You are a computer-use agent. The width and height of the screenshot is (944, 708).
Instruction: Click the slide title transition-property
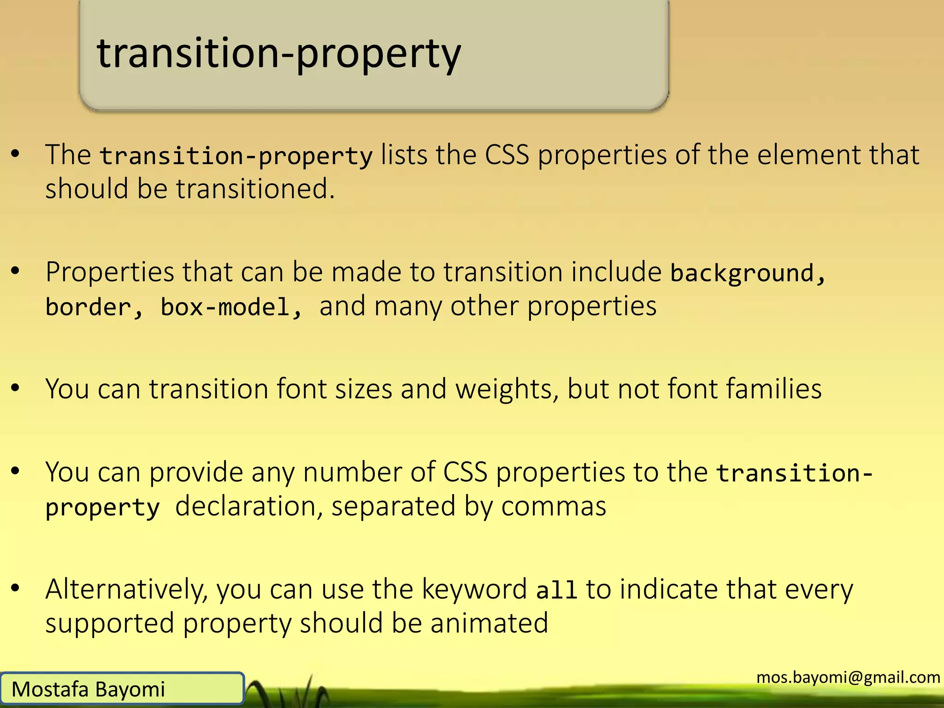[x=278, y=54]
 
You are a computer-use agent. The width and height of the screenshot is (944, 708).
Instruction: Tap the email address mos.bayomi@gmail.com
[x=848, y=677]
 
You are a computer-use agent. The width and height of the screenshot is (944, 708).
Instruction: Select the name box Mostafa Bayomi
[x=122, y=689]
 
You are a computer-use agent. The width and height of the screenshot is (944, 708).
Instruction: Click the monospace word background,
[x=747, y=273]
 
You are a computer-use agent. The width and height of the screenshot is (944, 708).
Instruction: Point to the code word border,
[x=94, y=307]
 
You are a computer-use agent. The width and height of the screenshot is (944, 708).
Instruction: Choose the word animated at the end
[x=489, y=623]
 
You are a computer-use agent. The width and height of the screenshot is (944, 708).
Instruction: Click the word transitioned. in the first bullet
[x=255, y=189]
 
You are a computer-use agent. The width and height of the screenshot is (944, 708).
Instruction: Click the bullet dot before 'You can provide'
[x=16, y=472]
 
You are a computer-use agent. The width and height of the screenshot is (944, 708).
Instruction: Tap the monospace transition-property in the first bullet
[x=236, y=156]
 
